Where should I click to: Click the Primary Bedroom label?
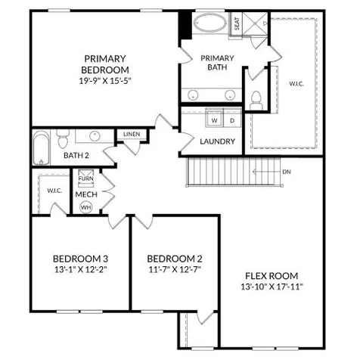[105, 64]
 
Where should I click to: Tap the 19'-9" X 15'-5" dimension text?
[105, 79]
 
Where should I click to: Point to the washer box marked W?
[214, 120]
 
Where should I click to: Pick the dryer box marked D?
[232, 120]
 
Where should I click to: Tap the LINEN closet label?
[132, 135]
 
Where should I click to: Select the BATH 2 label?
[76, 155]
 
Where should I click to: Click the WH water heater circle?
[85, 206]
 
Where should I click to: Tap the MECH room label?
[85, 194]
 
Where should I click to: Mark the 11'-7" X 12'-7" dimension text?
[174, 268]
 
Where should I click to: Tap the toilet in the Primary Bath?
[256, 98]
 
